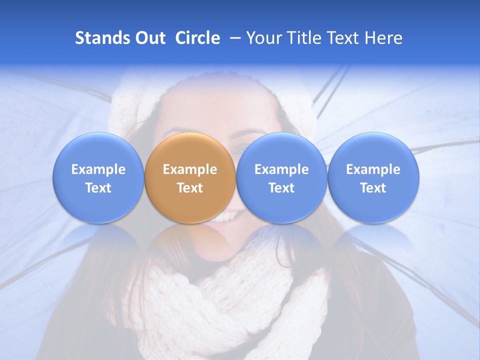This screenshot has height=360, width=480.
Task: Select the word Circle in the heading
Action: [x=197, y=38]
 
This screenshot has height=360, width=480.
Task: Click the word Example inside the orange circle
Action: [x=190, y=169]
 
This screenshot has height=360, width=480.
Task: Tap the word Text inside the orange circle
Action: [x=190, y=188]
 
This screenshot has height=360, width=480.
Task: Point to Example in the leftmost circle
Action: [x=98, y=169]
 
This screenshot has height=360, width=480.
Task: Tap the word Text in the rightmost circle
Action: [x=373, y=188]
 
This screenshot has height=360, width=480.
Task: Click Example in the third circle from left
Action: [x=281, y=169]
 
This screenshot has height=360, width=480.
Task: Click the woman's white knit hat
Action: [x=135, y=100]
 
